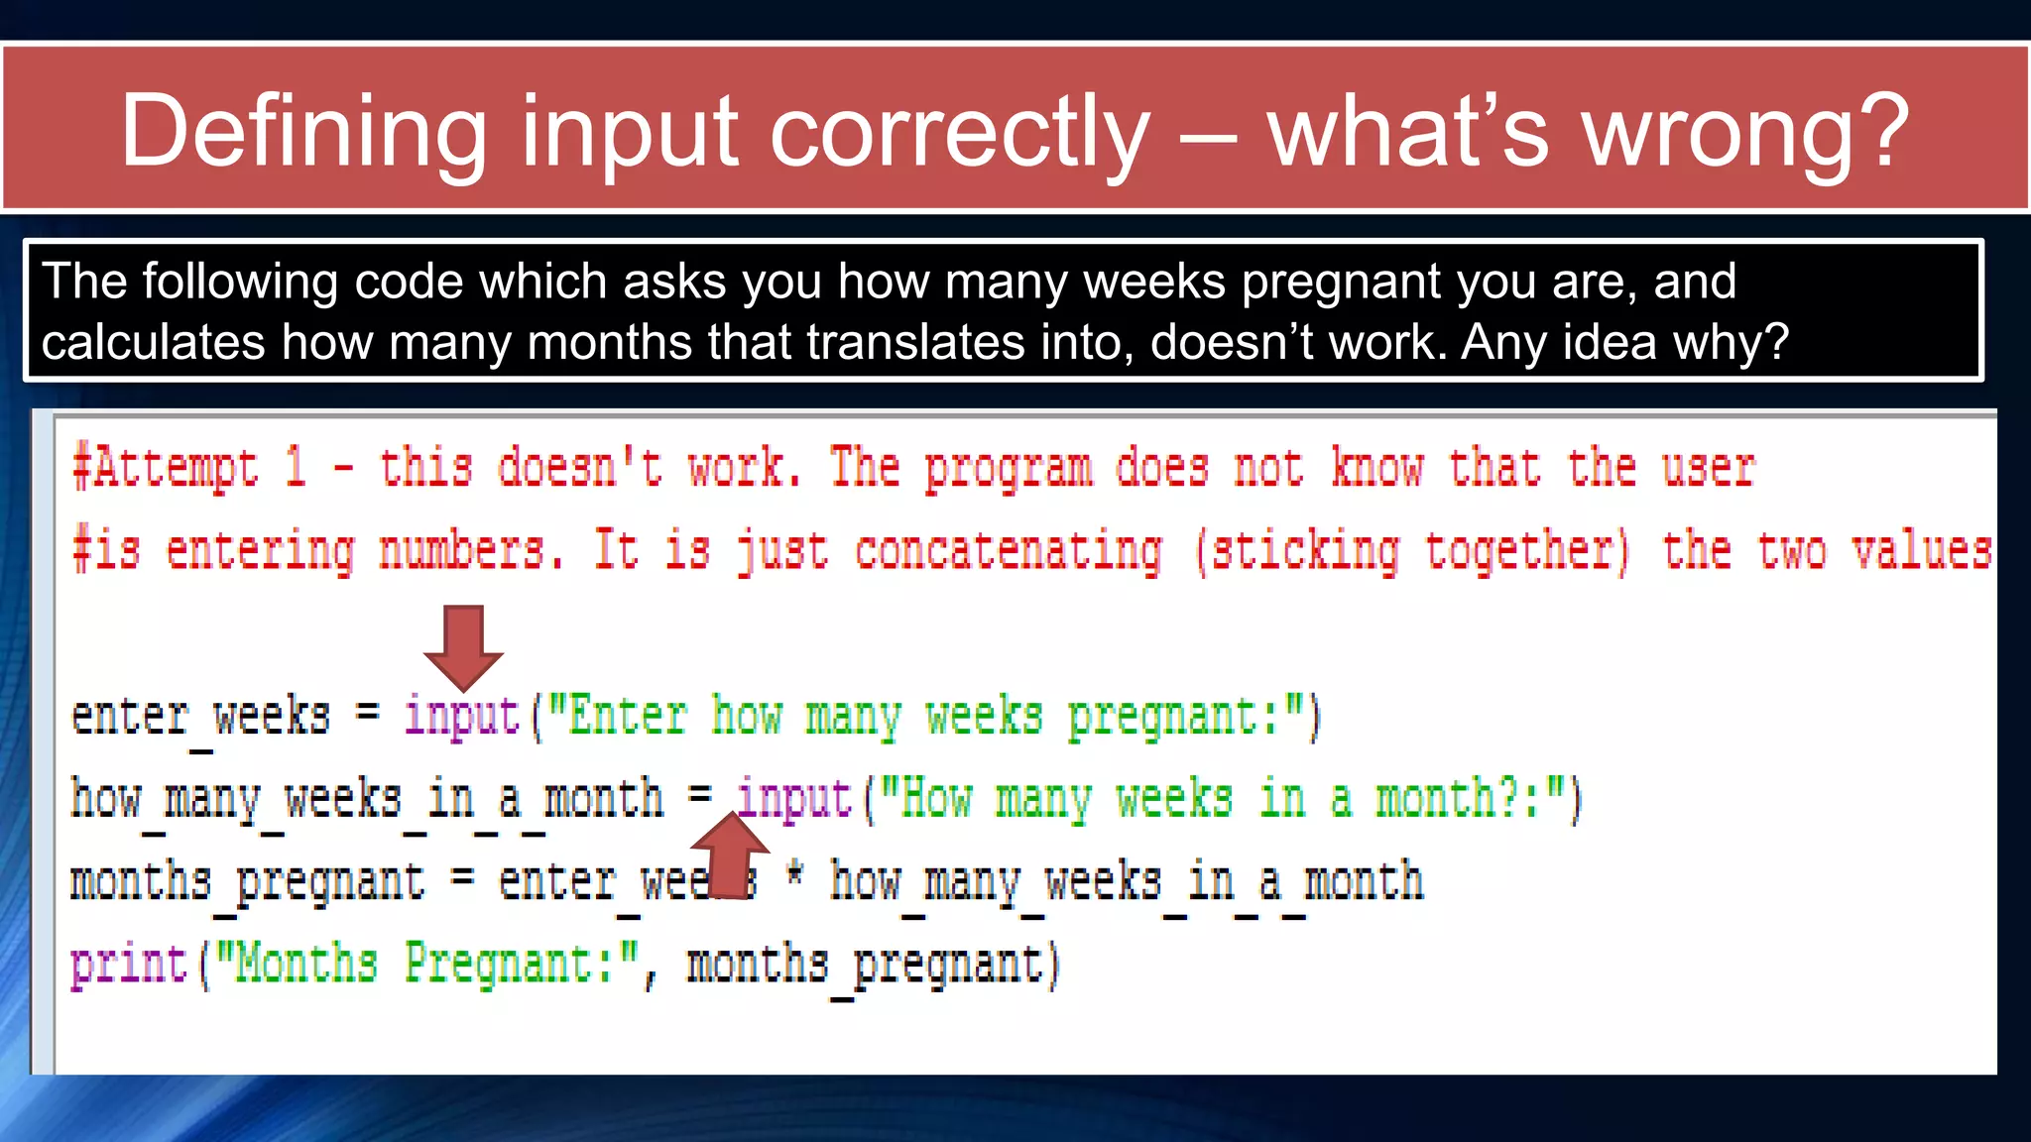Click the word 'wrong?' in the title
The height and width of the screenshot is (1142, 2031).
tap(1745, 131)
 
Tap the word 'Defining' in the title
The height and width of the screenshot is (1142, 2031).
tap(302, 131)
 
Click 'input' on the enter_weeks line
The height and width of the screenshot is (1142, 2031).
tap(462, 716)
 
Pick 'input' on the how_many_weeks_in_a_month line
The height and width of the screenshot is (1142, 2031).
tap(794, 799)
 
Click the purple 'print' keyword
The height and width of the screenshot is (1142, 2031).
tap(128, 965)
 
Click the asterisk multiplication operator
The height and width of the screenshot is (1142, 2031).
tap(794, 876)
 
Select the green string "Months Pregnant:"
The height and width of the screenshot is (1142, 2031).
tap(427, 965)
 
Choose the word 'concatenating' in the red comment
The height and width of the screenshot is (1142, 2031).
tap(1008, 552)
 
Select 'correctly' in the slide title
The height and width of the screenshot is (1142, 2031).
tap(959, 131)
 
